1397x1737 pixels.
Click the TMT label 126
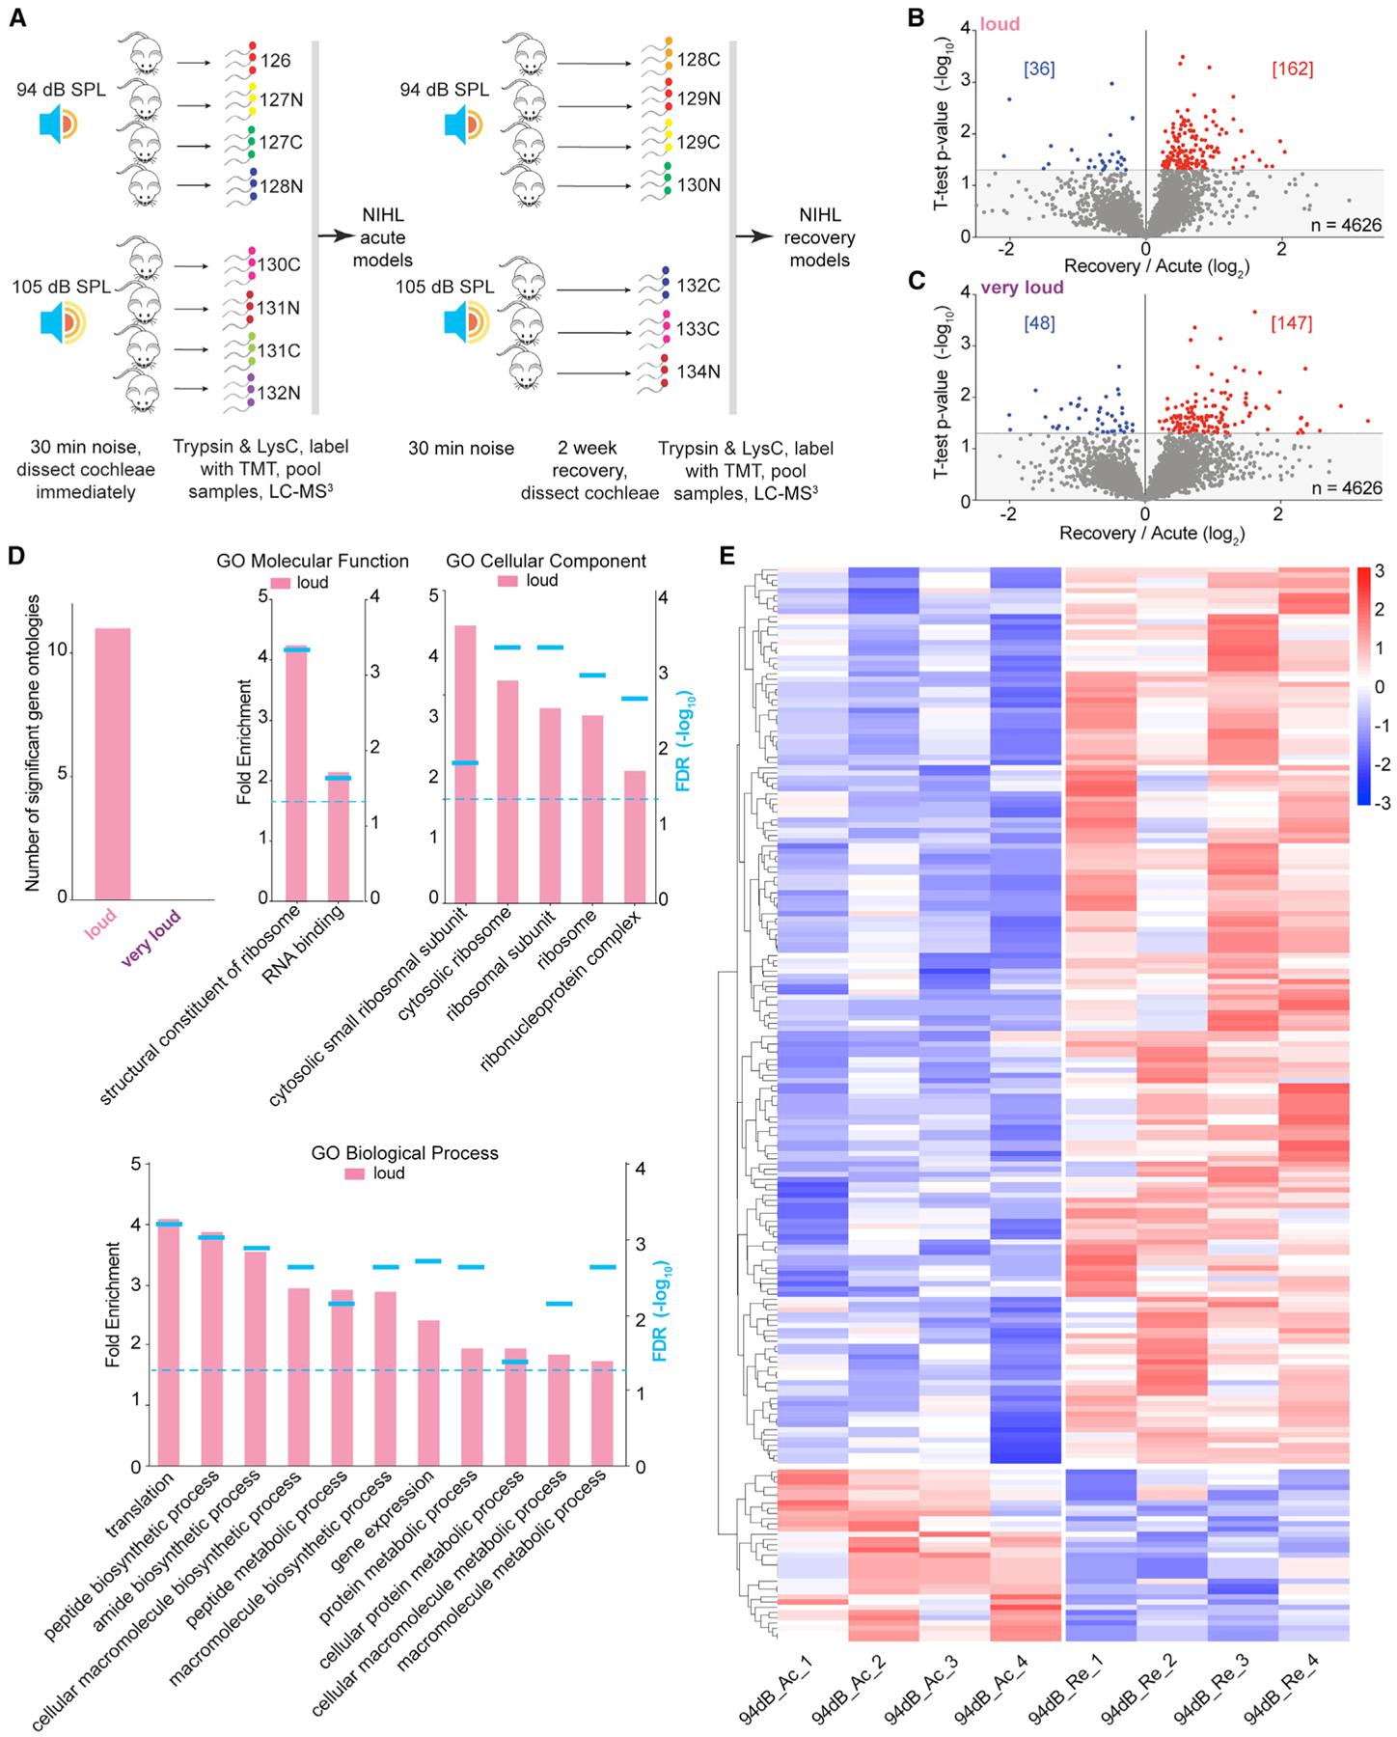tap(275, 61)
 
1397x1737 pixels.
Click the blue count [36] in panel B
tap(1039, 69)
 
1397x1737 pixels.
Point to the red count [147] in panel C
tap(1291, 323)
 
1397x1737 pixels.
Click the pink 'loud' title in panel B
tap(1000, 24)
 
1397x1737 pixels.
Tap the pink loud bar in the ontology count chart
tap(112, 762)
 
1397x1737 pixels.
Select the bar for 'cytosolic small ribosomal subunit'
tap(465, 762)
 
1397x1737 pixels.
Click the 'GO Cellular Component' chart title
tap(546, 561)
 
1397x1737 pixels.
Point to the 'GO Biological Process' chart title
tap(404, 1152)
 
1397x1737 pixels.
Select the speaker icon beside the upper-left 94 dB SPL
tap(59, 126)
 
